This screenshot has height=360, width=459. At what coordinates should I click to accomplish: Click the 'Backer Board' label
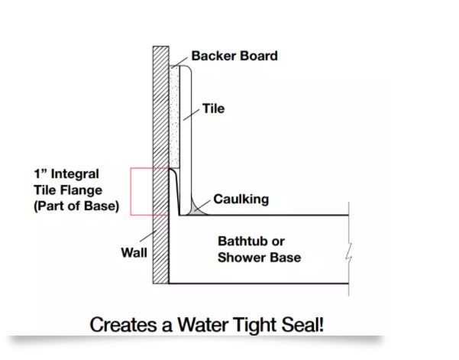(x=234, y=57)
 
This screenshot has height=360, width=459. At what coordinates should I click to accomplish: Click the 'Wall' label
(x=134, y=252)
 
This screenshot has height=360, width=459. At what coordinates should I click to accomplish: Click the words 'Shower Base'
(x=259, y=257)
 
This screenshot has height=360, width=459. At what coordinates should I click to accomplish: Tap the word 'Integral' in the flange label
(x=74, y=175)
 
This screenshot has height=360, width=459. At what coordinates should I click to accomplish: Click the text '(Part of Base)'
(x=76, y=206)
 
